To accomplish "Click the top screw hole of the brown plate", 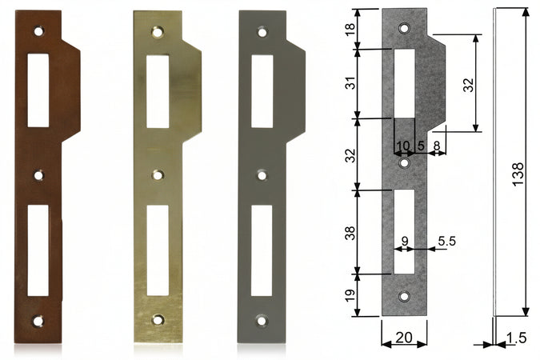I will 38,31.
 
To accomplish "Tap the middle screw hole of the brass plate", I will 158,174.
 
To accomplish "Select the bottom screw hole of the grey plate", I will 262,321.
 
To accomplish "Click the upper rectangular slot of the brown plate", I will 38,90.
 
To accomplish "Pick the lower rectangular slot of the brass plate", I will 158,250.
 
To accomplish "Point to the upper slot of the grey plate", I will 262,90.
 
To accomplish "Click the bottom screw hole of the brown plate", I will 38,321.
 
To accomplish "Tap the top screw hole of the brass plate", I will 158,32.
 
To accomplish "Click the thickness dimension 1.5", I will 516,338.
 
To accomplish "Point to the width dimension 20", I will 404,338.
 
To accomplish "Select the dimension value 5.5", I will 446,239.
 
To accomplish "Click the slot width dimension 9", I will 405,239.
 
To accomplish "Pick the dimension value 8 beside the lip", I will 437,145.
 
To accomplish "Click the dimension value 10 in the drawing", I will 402,145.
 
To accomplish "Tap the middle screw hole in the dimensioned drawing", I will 405,163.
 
